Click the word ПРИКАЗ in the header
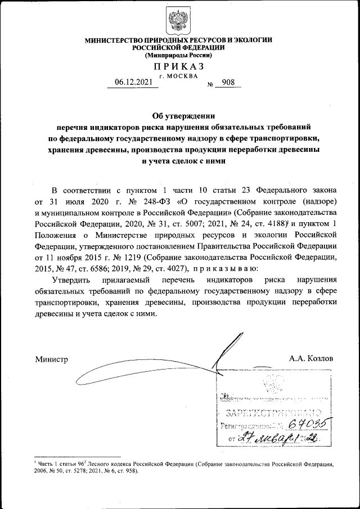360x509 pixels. coord(178,66)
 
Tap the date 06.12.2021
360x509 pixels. coord(132,82)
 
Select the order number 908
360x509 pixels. coord(229,82)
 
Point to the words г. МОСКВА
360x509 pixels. coord(178,75)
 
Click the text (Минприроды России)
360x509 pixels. coord(178,56)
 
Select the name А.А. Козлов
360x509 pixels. coord(311,358)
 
